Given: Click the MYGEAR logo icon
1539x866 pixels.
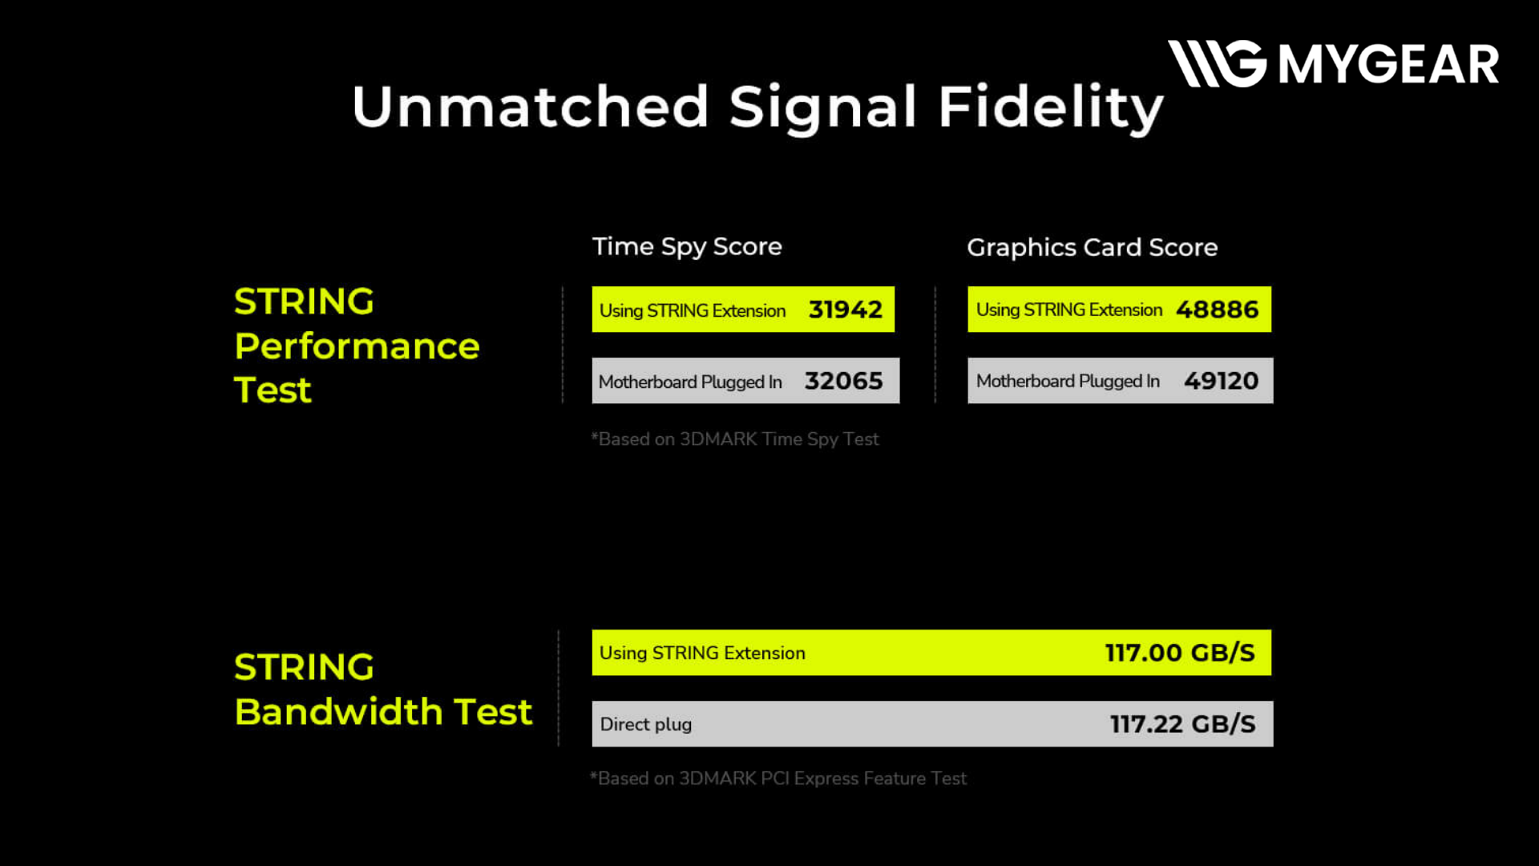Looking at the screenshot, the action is point(1217,63).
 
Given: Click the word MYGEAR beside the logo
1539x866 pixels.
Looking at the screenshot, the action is point(1388,64).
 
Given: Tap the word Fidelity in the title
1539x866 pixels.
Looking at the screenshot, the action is point(1051,107).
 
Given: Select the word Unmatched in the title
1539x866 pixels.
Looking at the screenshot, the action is point(531,106).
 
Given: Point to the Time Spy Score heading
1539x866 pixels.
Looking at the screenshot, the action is point(687,247).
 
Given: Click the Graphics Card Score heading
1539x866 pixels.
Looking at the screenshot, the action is point(1093,247).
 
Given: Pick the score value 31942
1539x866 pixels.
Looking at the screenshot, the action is point(846,310).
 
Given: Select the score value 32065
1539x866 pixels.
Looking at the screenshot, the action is point(844,381).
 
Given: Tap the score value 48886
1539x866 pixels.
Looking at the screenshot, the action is point(1218,310).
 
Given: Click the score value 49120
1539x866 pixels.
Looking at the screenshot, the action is point(1222,381).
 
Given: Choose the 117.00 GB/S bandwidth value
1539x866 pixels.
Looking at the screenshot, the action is point(1180,653).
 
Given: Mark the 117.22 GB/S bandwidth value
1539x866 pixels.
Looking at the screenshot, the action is point(1183,724).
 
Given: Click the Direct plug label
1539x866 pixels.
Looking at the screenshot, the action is point(646,724).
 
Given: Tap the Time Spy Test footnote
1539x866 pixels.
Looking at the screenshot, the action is point(735,439).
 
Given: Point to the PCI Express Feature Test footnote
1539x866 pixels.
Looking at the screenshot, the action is point(778,779).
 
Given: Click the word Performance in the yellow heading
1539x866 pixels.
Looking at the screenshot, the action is point(357,346).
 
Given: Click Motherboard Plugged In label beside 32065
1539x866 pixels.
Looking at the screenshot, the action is point(690,382).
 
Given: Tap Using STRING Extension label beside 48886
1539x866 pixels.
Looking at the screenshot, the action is point(1069,310).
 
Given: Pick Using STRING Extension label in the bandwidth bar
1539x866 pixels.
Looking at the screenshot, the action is point(702,653).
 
